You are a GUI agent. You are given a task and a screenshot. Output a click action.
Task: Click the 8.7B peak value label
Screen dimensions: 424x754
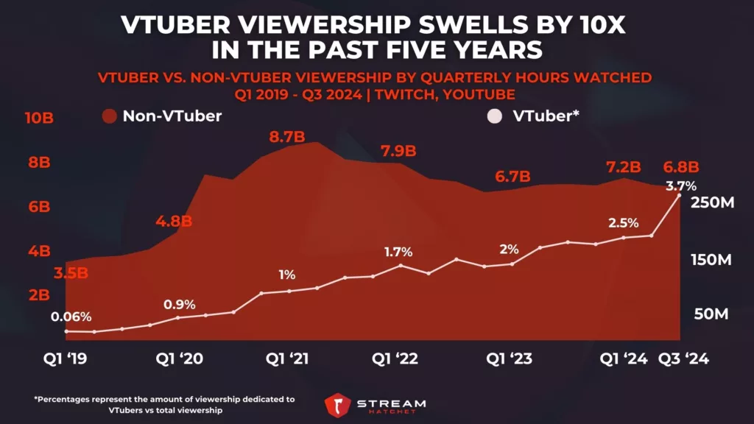[286, 137]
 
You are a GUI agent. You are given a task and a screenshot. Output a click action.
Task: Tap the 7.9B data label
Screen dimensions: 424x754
[398, 152]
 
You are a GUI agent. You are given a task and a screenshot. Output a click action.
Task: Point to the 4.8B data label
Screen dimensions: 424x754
[175, 221]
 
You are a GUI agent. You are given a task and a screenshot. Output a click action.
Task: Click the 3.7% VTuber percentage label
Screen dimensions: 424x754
[681, 185]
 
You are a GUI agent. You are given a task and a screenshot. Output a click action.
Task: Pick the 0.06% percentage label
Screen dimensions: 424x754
[71, 317]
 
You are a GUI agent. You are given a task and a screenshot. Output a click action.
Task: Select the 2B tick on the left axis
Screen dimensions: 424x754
[38, 295]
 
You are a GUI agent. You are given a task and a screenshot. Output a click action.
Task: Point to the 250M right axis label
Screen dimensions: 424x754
[711, 203]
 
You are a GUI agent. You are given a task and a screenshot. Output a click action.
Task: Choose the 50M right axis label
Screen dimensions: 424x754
[711, 315]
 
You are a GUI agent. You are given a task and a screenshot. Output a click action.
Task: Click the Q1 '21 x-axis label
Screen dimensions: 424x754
[287, 358]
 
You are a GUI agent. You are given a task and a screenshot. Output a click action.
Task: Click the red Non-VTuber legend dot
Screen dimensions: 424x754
[110, 116]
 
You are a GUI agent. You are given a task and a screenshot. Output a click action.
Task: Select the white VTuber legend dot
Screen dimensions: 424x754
[494, 116]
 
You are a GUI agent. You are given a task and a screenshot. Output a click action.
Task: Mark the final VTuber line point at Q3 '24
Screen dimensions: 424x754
[679, 195]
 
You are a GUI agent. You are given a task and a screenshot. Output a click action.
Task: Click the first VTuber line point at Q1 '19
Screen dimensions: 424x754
[66, 331]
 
